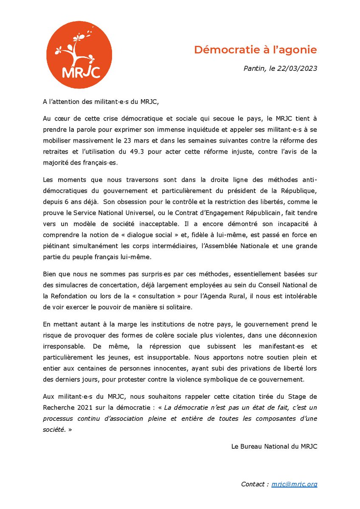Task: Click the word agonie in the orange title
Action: tap(299, 50)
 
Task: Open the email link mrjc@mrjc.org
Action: tap(294, 484)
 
